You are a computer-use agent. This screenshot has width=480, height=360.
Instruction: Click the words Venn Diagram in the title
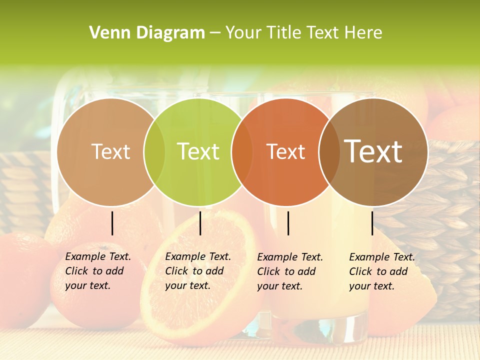tap(147, 33)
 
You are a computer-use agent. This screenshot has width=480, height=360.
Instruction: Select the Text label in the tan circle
tap(111, 152)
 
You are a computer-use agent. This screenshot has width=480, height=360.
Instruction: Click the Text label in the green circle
tap(198, 152)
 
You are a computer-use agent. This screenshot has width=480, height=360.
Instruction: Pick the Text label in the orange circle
tap(286, 152)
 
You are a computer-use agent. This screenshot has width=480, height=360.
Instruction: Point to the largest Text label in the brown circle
tap(373, 152)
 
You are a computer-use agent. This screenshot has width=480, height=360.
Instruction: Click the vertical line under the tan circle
tap(112, 223)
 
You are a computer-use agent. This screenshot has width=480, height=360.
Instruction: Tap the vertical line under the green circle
tap(200, 223)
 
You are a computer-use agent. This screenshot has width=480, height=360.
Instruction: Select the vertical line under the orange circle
tap(288, 223)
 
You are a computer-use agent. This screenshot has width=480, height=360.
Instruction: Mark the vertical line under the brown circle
tap(372, 223)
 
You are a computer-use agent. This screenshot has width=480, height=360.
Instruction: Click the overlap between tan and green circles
tap(154, 152)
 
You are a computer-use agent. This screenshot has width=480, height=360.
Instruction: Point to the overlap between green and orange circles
tap(242, 152)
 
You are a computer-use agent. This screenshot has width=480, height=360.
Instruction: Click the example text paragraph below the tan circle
tap(98, 271)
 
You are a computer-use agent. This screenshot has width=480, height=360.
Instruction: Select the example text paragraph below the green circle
tap(198, 271)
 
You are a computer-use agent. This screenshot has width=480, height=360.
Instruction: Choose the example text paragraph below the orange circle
tap(290, 271)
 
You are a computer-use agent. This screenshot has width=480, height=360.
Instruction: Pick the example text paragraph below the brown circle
tap(382, 271)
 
